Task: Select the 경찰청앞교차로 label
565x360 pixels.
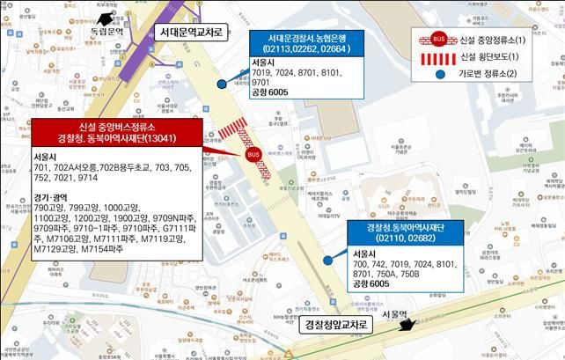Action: click(x=334, y=326)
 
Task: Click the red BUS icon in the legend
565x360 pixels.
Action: click(x=438, y=40)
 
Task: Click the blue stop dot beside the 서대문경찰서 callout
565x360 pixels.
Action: click(x=222, y=84)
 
